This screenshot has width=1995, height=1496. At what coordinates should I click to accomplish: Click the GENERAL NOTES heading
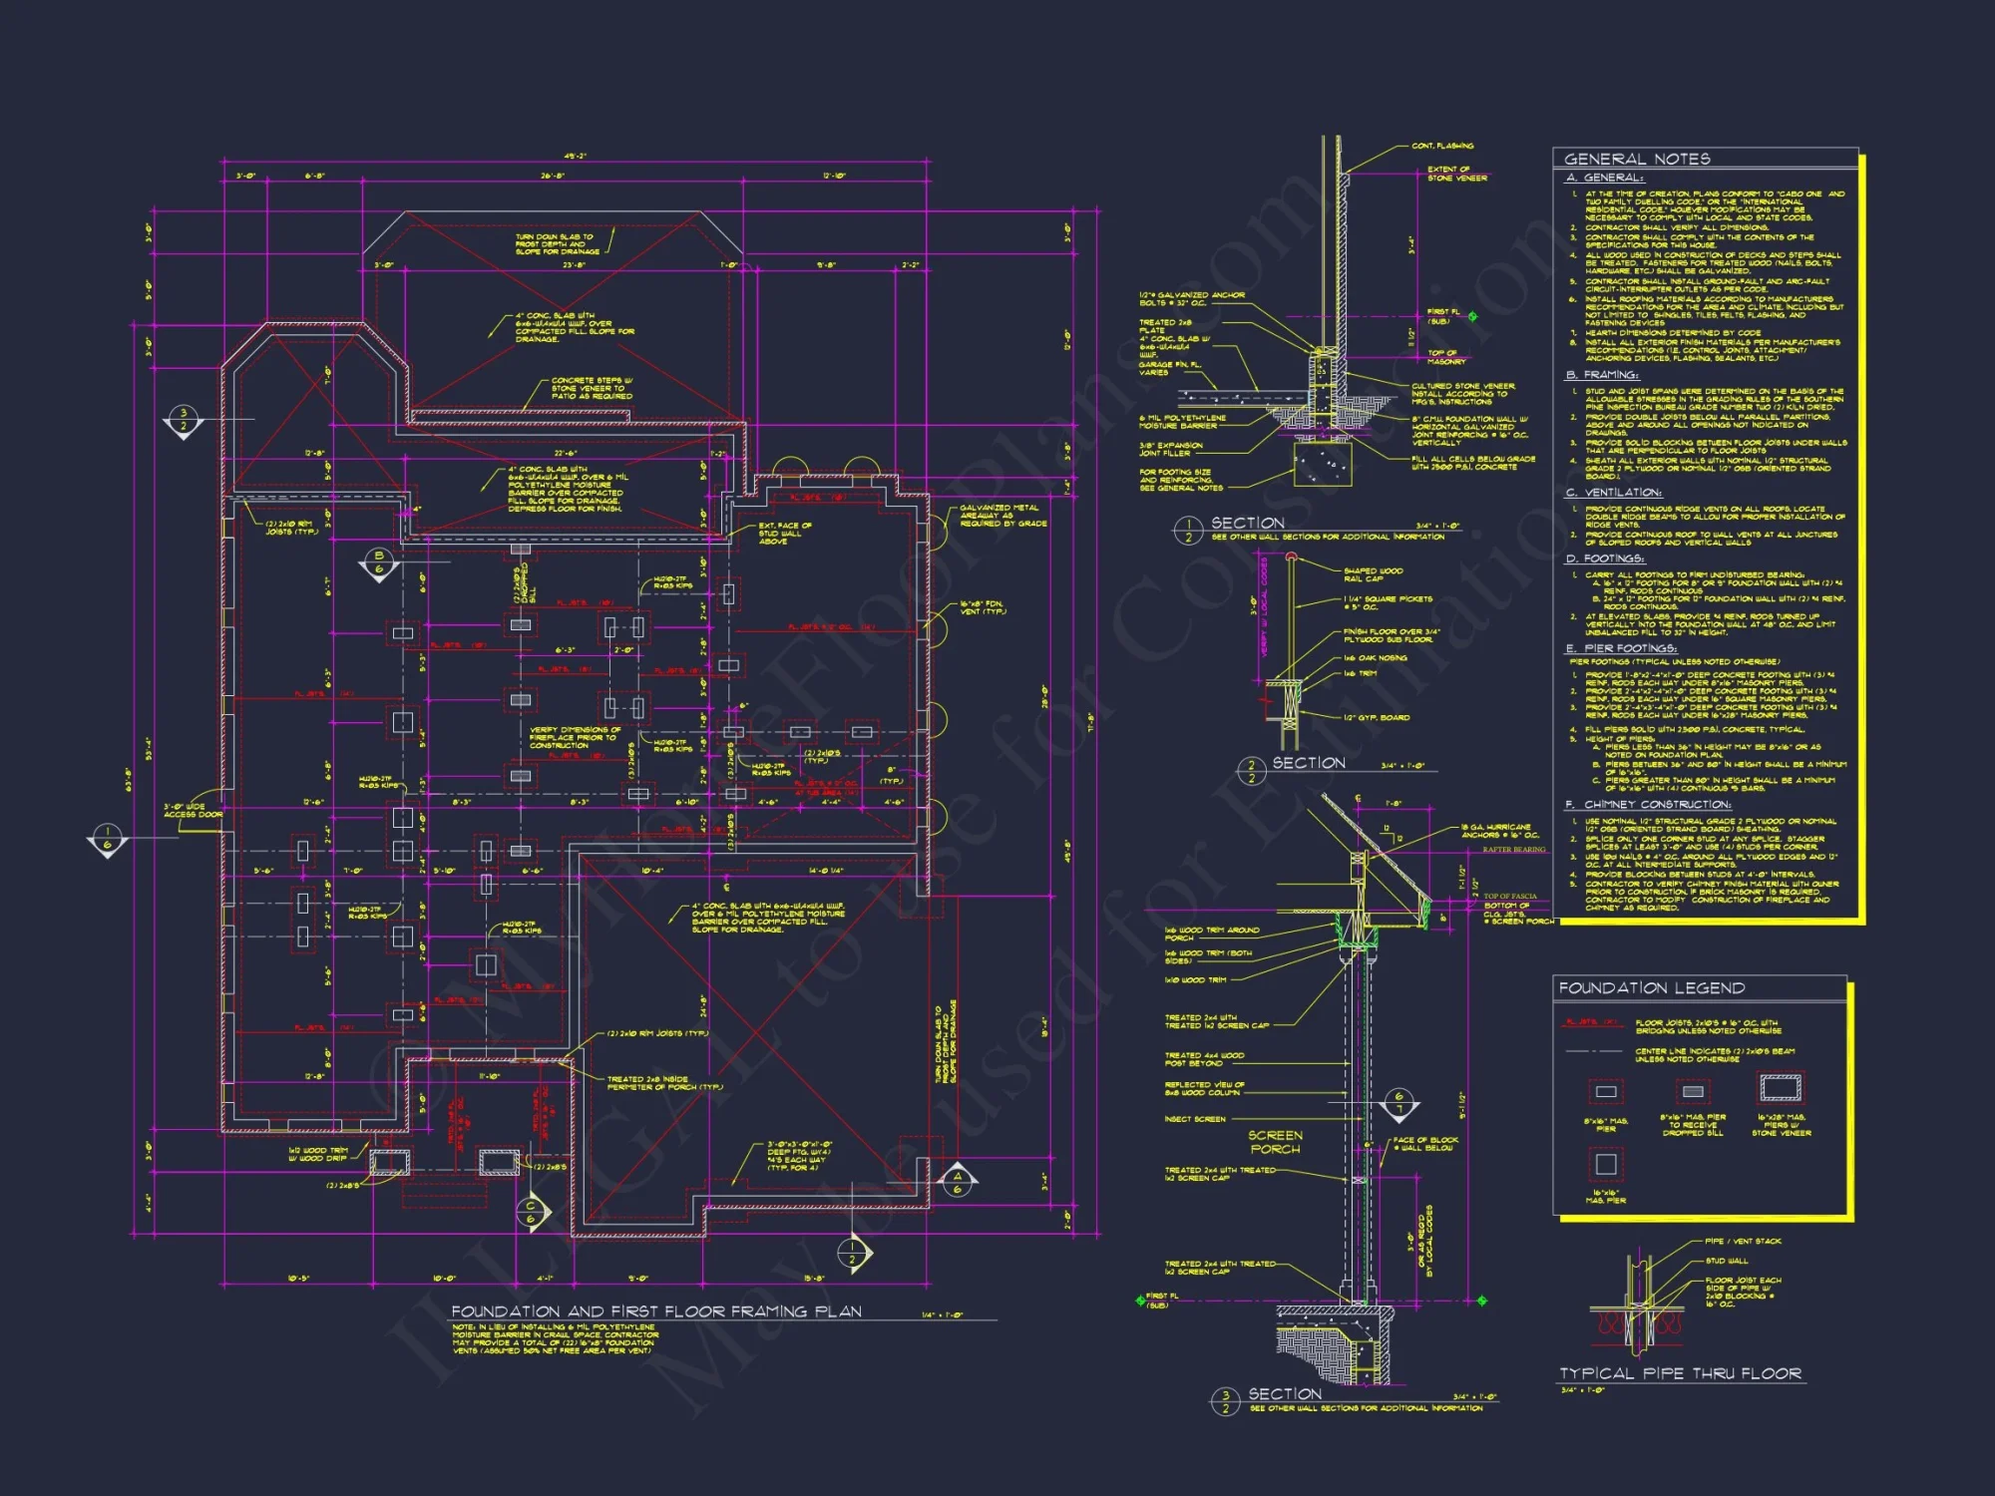[x=1637, y=159]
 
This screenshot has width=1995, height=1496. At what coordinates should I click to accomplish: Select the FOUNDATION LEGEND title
[x=1651, y=987]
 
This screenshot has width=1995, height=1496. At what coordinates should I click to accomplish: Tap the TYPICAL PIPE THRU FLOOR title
[x=1680, y=1373]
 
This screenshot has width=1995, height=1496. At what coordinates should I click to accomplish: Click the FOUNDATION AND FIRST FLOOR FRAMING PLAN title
[x=656, y=1310]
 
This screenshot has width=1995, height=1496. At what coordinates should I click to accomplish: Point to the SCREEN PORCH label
[x=1275, y=1142]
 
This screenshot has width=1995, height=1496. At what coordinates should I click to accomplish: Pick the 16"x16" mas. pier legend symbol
[x=1606, y=1164]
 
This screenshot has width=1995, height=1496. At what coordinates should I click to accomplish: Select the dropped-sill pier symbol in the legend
[x=1693, y=1091]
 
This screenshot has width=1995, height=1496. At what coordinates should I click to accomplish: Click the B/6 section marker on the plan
[x=378, y=562]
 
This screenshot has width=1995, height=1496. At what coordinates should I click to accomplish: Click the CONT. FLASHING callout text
[x=1442, y=147]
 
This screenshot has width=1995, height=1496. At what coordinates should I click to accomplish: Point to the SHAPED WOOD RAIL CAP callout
[x=1373, y=574]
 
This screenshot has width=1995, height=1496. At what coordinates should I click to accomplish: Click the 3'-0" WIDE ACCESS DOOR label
[x=193, y=811]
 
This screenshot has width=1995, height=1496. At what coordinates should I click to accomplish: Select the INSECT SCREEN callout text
[x=1195, y=1119]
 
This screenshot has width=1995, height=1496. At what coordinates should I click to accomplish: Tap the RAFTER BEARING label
[x=1513, y=850]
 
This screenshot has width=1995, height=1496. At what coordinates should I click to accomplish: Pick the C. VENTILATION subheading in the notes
[x=1613, y=493]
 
